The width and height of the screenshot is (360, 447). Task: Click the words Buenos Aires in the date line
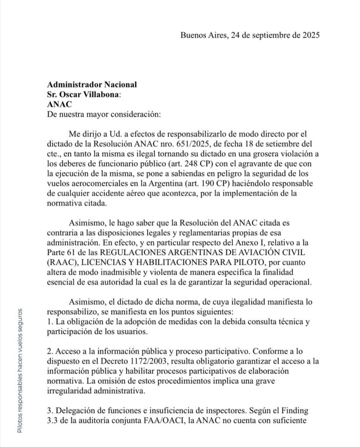pos(202,36)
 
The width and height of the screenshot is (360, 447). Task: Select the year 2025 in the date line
pos(309,36)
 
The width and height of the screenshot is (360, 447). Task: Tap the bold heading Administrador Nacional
pos(91,84)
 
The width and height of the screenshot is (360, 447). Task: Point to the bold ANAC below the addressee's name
pos(58,104)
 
